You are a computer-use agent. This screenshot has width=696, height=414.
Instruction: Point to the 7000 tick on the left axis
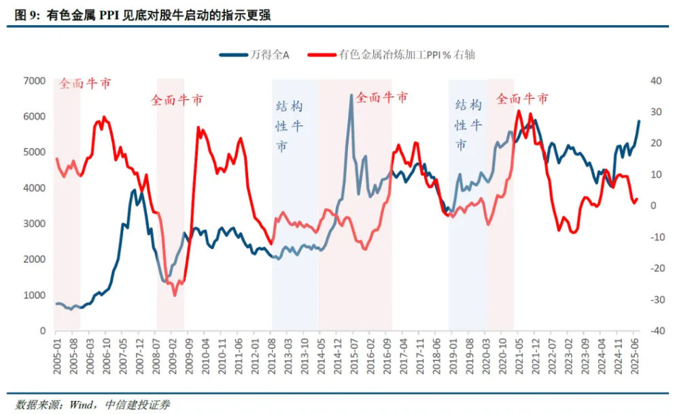click(34, 81)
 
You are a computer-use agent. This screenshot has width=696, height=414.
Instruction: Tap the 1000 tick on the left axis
click(34, 295)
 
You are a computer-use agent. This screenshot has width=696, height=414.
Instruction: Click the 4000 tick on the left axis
click(34, 188)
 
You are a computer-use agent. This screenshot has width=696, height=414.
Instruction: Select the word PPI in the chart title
click(109, 15)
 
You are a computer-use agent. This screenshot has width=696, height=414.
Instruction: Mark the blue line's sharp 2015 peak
click(351, 95)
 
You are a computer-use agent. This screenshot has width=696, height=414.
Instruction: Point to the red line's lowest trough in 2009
click(174, 295)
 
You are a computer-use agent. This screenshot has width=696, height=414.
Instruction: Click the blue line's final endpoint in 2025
click(639, 121)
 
